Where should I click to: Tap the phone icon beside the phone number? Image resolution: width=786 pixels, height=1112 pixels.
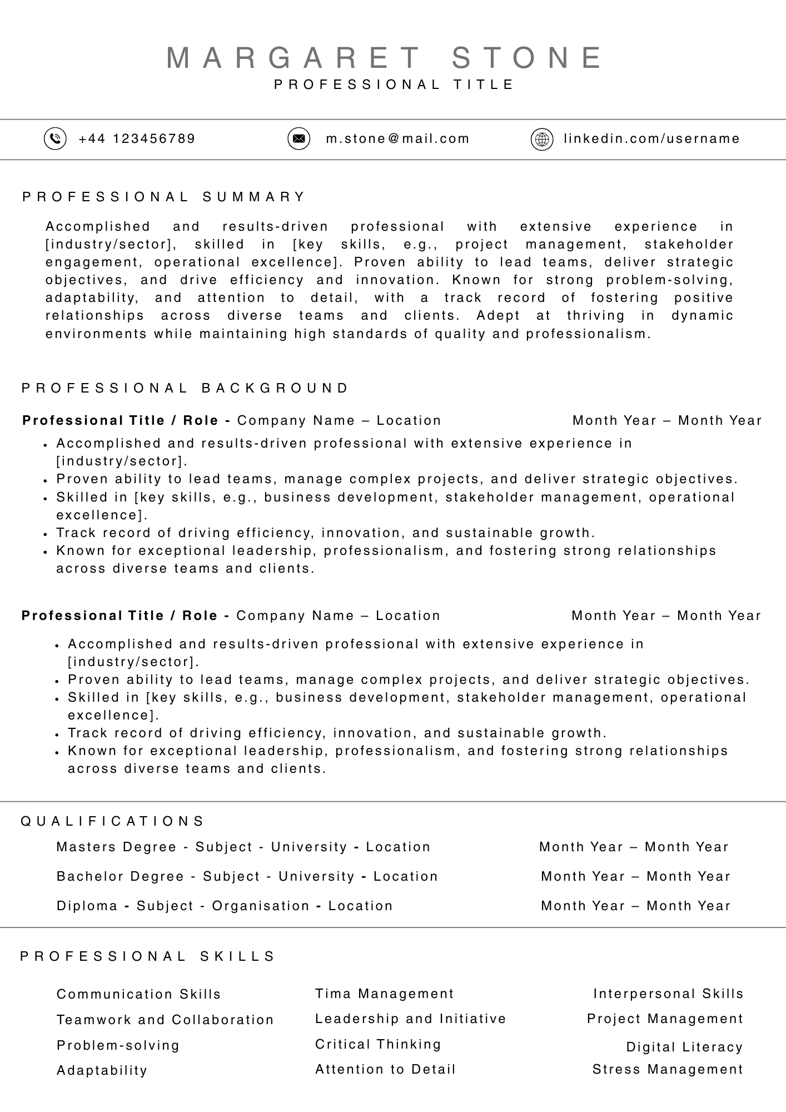coord(55,138)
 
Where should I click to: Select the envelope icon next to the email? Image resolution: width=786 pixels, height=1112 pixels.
coord(299,138)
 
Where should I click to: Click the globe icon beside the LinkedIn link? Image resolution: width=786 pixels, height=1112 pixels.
coord(542,139)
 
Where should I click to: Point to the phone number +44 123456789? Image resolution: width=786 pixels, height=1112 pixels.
coord(137,138)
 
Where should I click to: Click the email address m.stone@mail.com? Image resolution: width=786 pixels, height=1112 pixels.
coord(397,138)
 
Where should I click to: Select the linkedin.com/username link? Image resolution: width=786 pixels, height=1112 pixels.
coord(651,138)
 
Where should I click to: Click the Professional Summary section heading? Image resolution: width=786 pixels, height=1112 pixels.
coord(164,197)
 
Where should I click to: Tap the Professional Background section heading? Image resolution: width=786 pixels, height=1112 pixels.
coord(185,388)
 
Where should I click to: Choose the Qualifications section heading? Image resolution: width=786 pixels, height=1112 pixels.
coord(113,821)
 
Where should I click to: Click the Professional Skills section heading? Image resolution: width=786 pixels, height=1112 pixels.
coord(148,956)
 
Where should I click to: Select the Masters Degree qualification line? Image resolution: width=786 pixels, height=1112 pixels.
coord(243,847)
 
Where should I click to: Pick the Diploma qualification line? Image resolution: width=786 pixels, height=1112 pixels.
coord(225,906)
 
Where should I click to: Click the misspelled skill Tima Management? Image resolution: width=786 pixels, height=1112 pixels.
coord(384,994)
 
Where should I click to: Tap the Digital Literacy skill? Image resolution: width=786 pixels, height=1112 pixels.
coord(684,1047)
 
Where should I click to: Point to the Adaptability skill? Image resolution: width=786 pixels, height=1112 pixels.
coord(102,1070)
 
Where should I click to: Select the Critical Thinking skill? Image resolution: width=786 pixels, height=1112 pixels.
coord(378,1044)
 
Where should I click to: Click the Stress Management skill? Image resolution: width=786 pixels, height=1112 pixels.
coord(668,1069)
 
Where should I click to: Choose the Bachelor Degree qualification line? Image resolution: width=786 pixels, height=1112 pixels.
coord(247,876)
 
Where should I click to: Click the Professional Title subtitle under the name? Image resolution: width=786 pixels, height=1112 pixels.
coord(394,85)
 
